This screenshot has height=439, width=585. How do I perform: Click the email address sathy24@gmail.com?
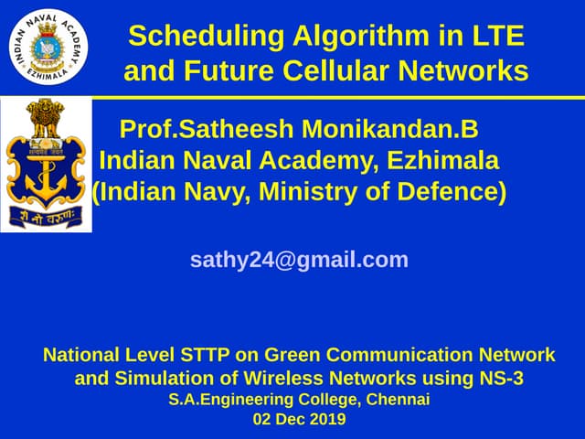[x=299, y=260]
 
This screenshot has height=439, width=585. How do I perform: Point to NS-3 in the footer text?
[x=502, y=377]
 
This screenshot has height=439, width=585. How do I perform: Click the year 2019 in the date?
[x=326, y=420]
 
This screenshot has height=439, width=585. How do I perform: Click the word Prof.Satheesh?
[x=206, y=128]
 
